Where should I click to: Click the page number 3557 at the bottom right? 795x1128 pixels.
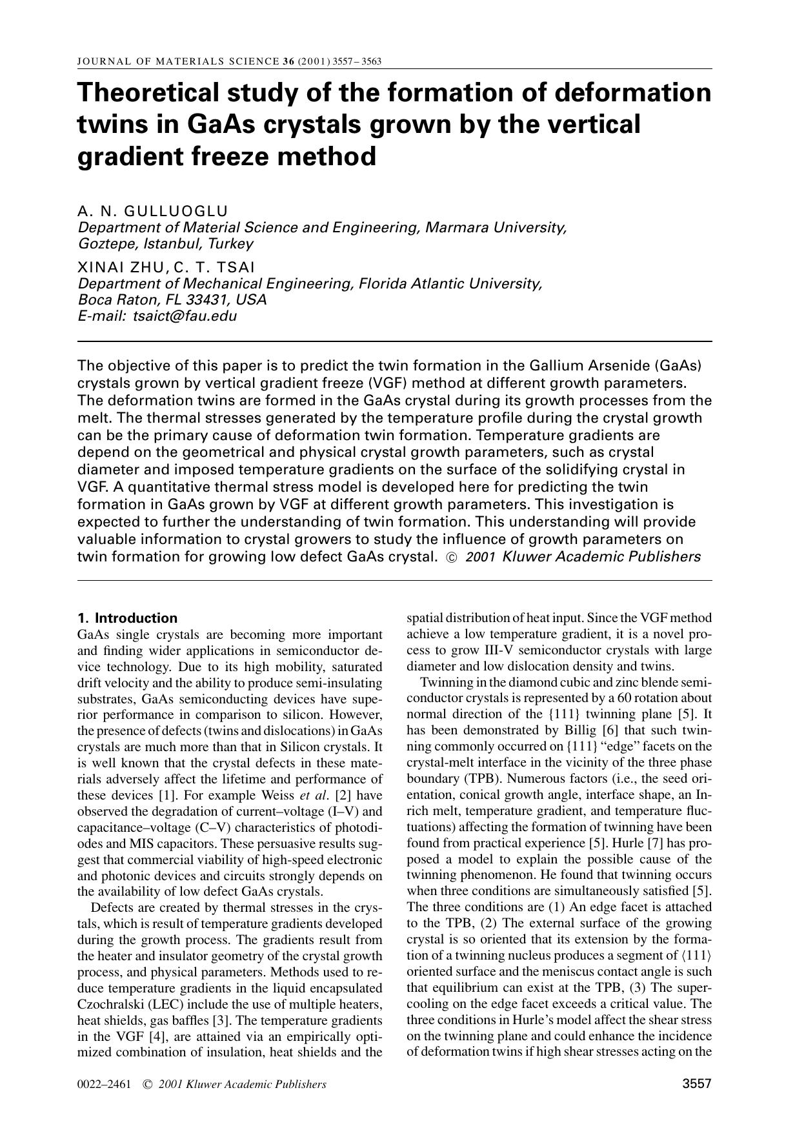tap(696, 1083)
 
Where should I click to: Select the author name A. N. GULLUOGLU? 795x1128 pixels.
tap(152, 211)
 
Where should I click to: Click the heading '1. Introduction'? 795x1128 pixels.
tap(127, 618)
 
